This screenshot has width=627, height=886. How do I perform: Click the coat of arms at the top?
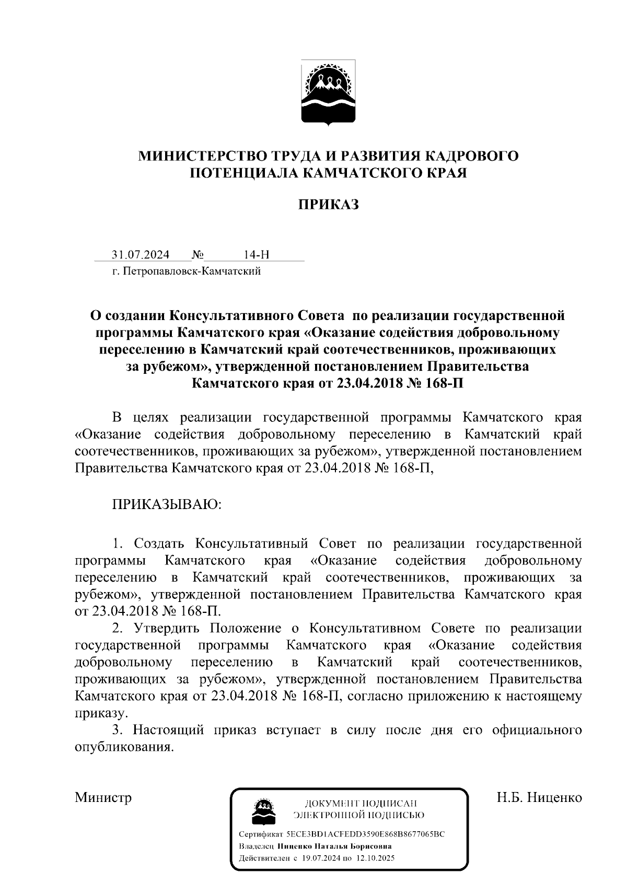[328, 93]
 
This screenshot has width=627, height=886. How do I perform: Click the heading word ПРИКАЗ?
[328, 205]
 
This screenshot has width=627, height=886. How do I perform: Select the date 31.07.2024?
[141, 255]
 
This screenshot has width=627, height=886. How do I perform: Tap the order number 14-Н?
[257, 255]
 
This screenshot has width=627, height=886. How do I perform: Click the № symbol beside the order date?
[198, 255]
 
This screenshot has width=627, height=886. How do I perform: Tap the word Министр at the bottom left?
[103, 798]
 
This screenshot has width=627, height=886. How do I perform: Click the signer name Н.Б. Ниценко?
[539, 798]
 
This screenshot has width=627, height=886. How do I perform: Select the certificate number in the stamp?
[369, 834]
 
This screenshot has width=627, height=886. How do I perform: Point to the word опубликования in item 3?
[123, 747]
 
